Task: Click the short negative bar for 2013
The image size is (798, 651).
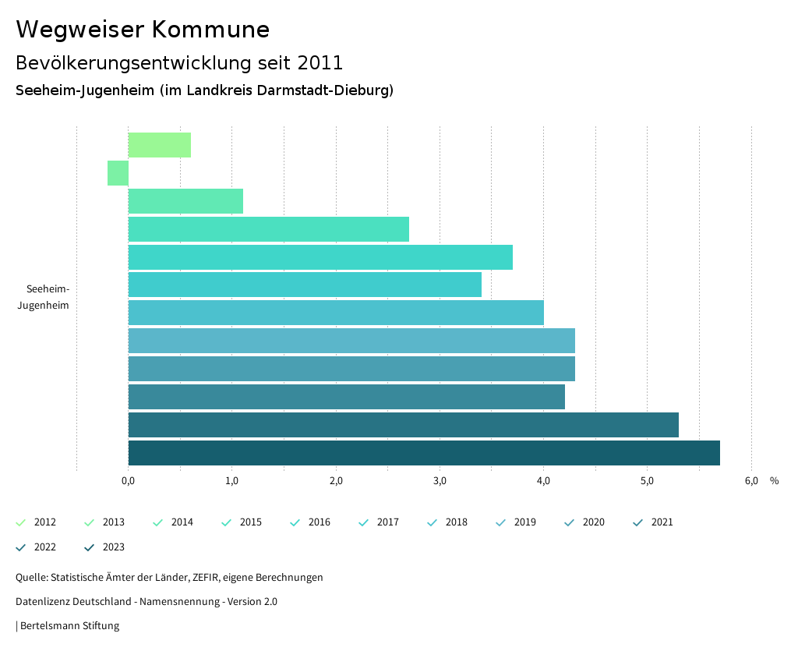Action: [x=118, y=173]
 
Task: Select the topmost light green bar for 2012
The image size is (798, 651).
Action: [x=159, y=145]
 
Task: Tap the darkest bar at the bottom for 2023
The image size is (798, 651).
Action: [x=424, y=453]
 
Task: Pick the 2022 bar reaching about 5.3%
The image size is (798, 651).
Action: [x=403, y=425]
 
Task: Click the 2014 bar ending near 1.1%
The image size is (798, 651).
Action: [x=185, y=201]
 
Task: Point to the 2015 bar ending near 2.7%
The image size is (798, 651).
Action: [x=268, y=229]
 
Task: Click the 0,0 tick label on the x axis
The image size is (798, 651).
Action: [x=129, y=481]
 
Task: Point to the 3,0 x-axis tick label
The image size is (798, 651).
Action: [x=440, y=481]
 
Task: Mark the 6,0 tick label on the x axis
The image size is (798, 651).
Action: [x=751, y=481]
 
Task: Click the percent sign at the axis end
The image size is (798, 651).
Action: [x=774, y=481]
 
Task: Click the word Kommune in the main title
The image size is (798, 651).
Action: [x=210, y=30]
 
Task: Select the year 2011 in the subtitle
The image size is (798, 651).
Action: [x=320, y=62]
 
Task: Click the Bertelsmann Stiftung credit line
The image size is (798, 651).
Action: [x=69, y=625]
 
